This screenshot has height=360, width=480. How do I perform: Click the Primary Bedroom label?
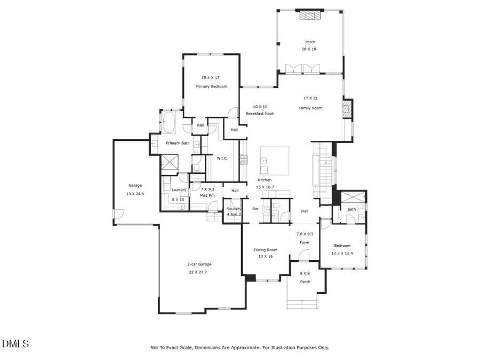[x=211, y=86]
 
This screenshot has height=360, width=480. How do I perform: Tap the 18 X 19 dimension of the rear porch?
[x=310, y=49]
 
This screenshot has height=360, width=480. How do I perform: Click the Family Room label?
[x=310, y=108]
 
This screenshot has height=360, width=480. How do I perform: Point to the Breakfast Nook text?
[x=260, y=114]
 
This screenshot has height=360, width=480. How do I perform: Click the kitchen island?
[x=275, y=160]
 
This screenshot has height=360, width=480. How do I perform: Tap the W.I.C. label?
[x=222, y=158]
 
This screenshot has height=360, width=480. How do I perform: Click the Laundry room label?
[x=178, y=190]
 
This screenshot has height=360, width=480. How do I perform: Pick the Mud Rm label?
[x=207, y=196]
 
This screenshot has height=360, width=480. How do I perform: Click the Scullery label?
[x=234, y=209]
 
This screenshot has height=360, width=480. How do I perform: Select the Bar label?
[x=255, y=209]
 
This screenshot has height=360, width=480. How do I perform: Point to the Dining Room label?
[x=265, y=250]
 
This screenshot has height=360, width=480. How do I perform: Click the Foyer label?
[x=304, y=242]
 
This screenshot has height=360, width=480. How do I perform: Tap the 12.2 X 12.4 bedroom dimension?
[x=342, y=253]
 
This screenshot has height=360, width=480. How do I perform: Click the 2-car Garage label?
[x=199, y=265]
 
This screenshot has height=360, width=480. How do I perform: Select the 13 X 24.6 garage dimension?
[x=135, y=193]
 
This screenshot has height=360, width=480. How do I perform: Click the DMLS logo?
[x=15, y=343]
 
